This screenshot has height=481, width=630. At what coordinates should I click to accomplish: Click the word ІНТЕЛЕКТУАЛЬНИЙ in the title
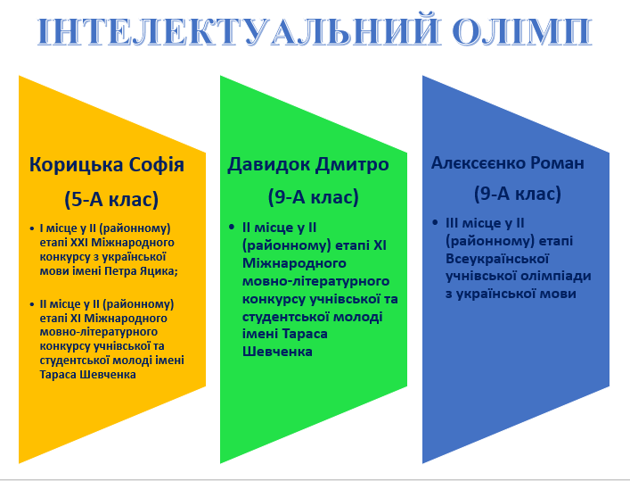(x=238, y=31)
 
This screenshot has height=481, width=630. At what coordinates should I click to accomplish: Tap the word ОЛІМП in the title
(x=522, y=31)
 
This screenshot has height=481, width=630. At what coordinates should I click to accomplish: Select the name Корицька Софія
(x=107, y=165)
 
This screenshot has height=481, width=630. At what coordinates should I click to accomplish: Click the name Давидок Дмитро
(x=308, y=164)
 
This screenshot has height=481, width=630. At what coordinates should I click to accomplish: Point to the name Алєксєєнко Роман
(x=508, y=163)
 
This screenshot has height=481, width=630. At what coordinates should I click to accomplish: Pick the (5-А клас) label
(x=111, y=199)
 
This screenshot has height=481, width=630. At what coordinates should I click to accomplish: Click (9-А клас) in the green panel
(x=314, y=197)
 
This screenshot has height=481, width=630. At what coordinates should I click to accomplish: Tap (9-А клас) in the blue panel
(x=518, y=194)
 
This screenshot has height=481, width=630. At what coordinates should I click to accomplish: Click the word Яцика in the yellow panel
(x=159, y=271)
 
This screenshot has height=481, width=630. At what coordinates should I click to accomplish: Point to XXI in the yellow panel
(x=79, y=243)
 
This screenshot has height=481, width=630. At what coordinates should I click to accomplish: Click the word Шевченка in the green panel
(x=277, y=352)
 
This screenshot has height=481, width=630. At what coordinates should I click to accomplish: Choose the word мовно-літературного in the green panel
(x=315, y=281)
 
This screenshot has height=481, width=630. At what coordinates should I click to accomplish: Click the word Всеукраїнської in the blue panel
(x=497, y=259)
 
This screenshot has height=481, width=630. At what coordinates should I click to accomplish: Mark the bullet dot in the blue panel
(x=435, y=222)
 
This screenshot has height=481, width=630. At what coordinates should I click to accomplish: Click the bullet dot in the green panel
(x=232, y=227)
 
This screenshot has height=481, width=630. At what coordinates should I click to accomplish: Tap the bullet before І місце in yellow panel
(x=32, y=228)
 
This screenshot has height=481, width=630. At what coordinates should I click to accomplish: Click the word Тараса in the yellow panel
(x=58, y=375)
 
